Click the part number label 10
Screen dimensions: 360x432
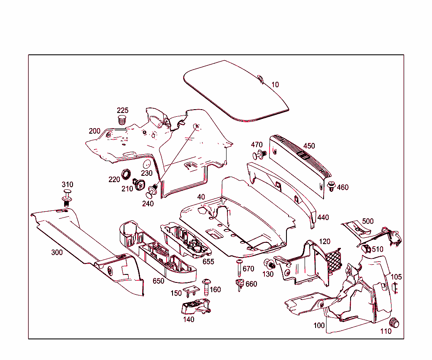[x=275, y=85]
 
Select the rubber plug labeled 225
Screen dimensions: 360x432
[x=122, y=119]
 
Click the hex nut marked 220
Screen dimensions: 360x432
[x=125, y=173]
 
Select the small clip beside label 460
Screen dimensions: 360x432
[x=332, y=187]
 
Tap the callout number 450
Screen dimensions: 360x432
[x=309, y=146]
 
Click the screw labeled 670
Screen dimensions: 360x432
[x=239, y=266]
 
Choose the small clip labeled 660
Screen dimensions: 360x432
[x=240, y=285]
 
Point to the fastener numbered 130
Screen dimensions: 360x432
[x=269, y=265]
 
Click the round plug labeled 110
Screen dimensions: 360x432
[x=394, y=322]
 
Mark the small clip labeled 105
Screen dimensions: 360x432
[x=395, y=288]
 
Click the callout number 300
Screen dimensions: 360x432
[x=57, y=253]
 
